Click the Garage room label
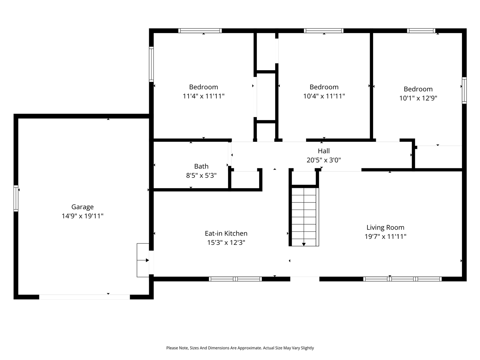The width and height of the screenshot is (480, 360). tap(82, 207)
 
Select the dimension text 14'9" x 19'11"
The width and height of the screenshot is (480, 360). tap(82, 216)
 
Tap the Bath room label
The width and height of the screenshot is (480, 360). tap(201, 166)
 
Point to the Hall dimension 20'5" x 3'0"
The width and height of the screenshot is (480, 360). tap(324, 160)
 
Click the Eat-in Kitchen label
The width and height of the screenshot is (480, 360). tap(226, 233)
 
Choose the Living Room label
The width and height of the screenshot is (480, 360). tap(385, 227)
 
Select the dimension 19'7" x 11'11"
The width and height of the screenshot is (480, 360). tap(385, 237)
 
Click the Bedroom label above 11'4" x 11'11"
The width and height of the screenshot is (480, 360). tap(204, 87)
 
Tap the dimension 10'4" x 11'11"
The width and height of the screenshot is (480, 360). tap(324, 96)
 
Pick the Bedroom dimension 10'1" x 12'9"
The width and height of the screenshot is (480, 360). tap(418, 98)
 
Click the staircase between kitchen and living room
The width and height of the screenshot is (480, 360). tap(304, 216)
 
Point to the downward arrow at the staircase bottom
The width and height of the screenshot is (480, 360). tap(304, 244)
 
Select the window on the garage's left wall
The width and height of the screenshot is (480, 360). tap(16, 198)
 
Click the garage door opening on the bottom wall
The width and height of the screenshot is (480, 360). tap(84, 297)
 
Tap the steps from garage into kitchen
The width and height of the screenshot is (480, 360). tap(143, 260)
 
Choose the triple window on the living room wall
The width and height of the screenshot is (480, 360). tap(402, 279)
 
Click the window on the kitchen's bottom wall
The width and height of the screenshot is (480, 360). tap(235, 279)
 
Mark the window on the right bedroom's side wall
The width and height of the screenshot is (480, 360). tap(464, 90)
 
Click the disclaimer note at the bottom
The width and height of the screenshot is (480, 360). tap(240, 348)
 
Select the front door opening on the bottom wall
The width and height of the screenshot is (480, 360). tap(304, 279)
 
